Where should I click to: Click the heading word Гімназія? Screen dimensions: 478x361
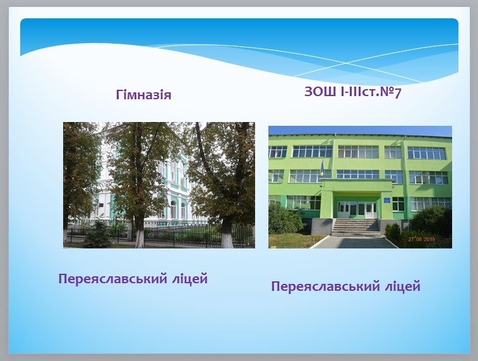coord(143,95)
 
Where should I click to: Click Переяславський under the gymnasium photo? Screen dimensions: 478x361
coord(112,279)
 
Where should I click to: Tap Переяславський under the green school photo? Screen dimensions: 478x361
coord(325,287)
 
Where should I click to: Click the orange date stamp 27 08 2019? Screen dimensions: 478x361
coord(422,240)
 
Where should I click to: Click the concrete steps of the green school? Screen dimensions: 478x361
coord(356,228)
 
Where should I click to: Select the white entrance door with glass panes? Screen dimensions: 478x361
coord(371,210)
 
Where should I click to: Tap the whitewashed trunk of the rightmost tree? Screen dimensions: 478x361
coord(227,235)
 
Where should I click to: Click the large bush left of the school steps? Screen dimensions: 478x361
coord(285,219)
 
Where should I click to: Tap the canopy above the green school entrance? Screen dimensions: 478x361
coord(357,185)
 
